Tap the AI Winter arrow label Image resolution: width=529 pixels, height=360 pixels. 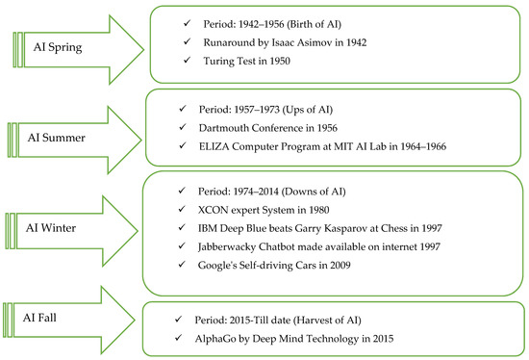click(63, 226)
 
